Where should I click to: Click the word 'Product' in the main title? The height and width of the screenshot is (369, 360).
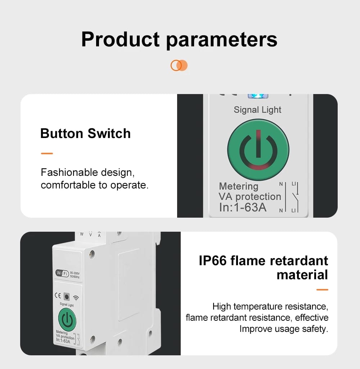[120, 40]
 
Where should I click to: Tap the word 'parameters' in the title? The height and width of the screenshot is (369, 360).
[222, 40]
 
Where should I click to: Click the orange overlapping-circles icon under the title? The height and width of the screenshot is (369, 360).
[179, 66]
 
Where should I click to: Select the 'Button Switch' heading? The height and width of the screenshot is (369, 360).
[85, 133]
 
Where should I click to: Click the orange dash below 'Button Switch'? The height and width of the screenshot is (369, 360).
[47, 154]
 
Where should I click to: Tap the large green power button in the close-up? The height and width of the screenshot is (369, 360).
[258, 150]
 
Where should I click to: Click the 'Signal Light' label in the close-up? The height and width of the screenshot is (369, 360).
[257, 110]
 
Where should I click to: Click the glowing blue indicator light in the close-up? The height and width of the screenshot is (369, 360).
[258, 96]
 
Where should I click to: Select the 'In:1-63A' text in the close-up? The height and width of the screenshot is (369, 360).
[243, 208]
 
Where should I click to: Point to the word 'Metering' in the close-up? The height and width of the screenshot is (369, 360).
[239, 186]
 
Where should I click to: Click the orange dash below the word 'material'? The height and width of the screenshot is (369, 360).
[322, 289]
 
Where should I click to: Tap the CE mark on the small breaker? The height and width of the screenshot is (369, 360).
[58, 297]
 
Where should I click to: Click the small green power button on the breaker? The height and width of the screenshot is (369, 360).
[67, 319]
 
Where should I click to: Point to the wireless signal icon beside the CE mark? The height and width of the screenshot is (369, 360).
[76, 298]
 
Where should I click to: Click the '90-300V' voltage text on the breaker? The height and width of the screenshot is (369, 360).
[75, 272]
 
